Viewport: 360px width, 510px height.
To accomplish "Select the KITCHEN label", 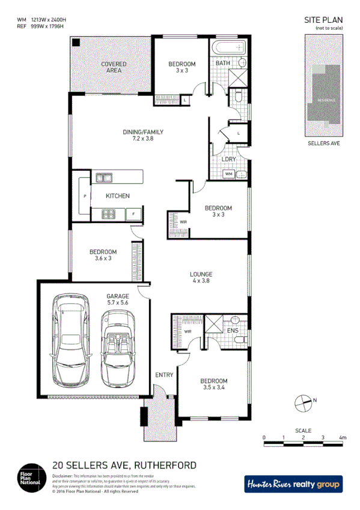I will click(117, 196).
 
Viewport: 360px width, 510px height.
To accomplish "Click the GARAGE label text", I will click(118, 296).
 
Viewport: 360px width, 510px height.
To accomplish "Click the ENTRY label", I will click(164, 375).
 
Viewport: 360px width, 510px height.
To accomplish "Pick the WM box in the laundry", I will click(228, 174).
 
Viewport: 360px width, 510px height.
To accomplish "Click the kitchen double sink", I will click(103, 177).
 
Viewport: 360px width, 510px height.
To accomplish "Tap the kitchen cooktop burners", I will click(109, 214).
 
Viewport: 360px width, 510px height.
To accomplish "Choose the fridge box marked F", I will click(133, 214).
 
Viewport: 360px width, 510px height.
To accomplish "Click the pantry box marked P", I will click(85, 197).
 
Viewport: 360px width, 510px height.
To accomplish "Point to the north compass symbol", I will click(304, 402).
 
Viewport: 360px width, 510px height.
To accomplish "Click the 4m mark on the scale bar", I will click(343, 438).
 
